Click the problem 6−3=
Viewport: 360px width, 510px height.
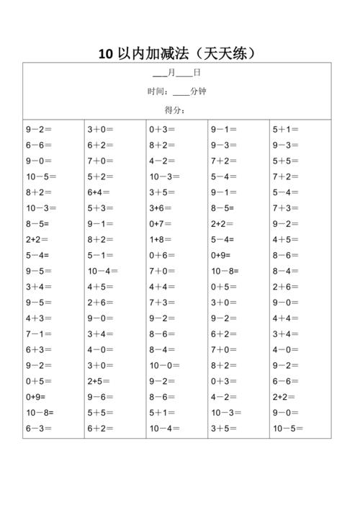click(40, 429)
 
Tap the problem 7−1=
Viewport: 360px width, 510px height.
click(40, 334)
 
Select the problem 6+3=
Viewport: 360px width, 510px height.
click(40, 349)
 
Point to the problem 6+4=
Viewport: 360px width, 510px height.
click(99, 192)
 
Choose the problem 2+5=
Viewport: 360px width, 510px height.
click(99, 381)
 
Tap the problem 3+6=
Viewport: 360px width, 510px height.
click(161, 208)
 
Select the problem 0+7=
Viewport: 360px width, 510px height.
click(161, 224)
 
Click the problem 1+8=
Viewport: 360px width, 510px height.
click(161, 239)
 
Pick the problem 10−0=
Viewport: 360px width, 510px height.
click(165, 365)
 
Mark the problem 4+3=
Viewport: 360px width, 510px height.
click(40, 318)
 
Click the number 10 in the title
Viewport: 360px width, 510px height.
click(106, 54)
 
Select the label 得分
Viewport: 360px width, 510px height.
click(174, 109)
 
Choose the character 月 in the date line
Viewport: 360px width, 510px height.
click(171, 73)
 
